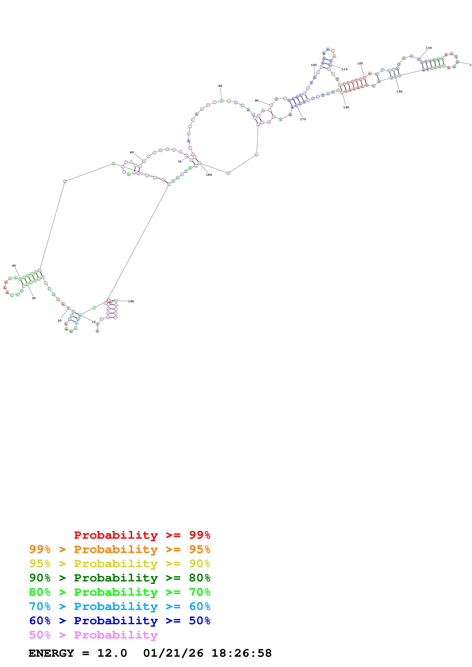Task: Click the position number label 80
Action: [220, 86]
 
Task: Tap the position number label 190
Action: [131, 301]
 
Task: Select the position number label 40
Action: [14, 265]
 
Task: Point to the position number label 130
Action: [429, 48]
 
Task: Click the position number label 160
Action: [346, 107]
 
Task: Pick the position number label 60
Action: [132, 152]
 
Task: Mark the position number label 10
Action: [94, 322]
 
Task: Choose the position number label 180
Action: [209, 175]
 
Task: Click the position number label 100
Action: [314, 65]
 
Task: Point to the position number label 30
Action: [34, 298]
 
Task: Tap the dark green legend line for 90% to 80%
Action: [120, 578]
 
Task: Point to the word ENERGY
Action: [51, 653]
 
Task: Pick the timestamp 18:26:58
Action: [241, 653]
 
